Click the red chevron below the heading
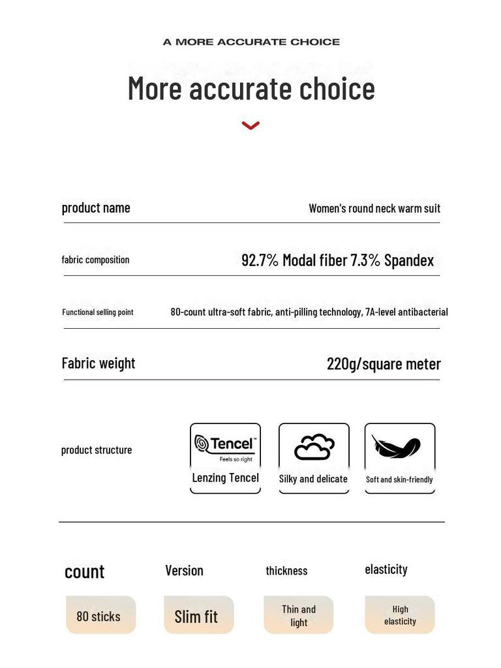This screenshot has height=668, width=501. pos(250,125)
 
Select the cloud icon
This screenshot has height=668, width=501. pos(314,448)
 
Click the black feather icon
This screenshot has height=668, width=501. pos(397,447)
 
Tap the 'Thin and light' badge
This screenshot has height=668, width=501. pos(298,615)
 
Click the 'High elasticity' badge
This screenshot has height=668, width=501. pos(400,615)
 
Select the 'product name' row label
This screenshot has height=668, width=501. pos(96,207)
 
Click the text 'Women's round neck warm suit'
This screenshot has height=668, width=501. pos(374,208)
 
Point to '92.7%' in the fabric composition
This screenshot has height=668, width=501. pos(260,260)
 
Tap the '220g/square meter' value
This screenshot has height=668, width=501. pos(384,364)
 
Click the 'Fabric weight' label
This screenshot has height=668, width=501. pos(99,363)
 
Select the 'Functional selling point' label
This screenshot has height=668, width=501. pos(98,312)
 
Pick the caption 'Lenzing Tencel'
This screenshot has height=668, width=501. pos(225,478)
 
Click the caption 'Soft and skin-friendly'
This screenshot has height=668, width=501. pos(399,479)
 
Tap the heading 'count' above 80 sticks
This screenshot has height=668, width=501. pos(84,572)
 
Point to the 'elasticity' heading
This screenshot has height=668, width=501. pos(386,569)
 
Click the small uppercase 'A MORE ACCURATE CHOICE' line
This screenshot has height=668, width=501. pos(251,42)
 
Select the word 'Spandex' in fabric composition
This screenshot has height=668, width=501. pos(409,260)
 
